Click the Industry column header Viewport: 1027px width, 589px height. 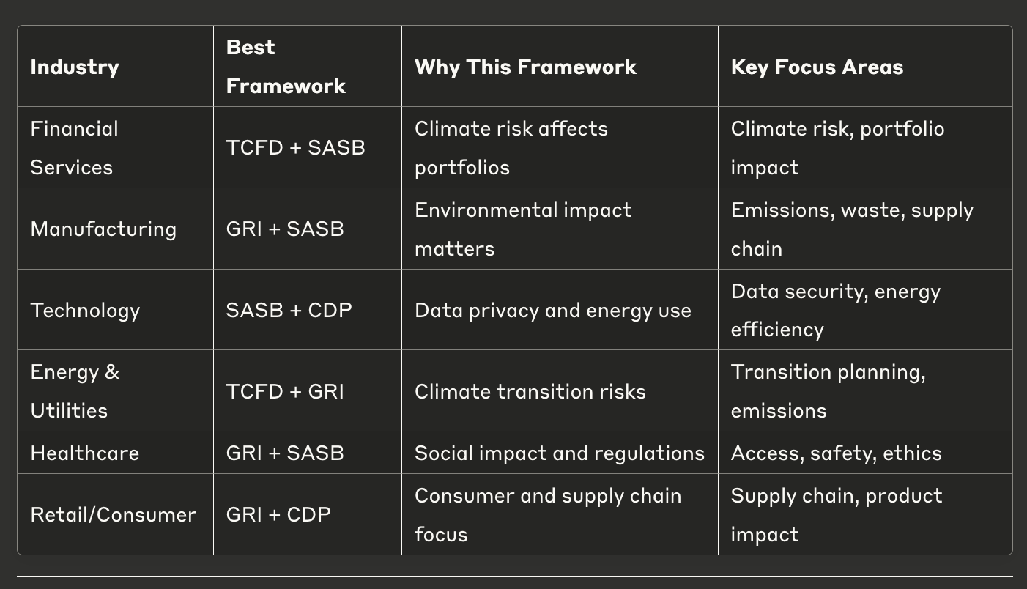(75, 67)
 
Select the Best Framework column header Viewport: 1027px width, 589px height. (286, 67)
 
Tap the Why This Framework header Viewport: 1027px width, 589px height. (525, 67)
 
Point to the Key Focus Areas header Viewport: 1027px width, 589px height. (817, 67)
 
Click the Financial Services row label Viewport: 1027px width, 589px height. (74, 147)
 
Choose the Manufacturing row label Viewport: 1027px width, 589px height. (103, 229)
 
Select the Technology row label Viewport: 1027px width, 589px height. (85, 311)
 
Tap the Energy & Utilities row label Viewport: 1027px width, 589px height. (75, 391)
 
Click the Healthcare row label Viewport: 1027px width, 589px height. (85, 453)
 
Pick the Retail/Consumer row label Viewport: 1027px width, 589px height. (114, 514)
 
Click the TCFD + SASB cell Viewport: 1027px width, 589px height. (296, 147)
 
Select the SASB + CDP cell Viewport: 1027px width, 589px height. (289, 311)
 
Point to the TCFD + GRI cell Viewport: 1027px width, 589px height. (285, 391)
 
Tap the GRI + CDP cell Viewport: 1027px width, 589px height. (278, 514)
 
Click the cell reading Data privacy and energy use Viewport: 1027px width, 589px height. (553, 311)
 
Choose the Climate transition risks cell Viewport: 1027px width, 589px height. (530, 391)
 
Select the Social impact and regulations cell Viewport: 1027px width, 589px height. (560, 453)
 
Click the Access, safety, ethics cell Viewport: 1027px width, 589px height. (837, 453)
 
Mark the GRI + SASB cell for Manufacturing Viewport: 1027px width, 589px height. (285, 229)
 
